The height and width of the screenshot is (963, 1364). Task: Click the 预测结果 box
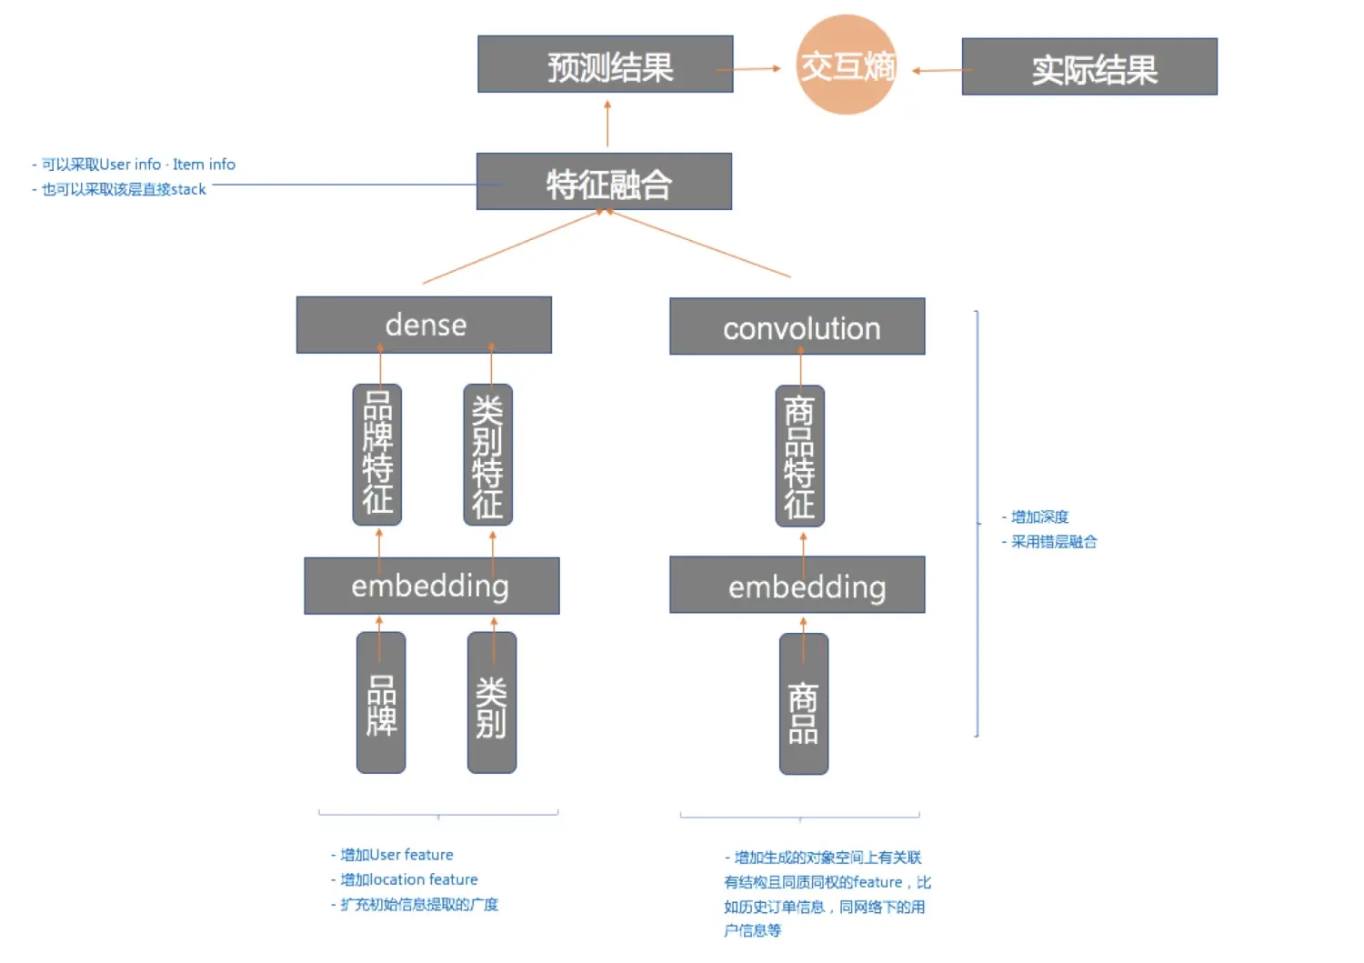click(605, 65)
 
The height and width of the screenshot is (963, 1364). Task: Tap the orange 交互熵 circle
click(847, 65)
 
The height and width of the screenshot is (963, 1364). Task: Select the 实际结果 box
click(1089, 67)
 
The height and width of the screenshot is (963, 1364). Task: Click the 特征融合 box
click(604, 182)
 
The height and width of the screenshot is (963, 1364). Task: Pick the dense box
click(424, 325)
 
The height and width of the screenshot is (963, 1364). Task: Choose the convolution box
click(797, 326)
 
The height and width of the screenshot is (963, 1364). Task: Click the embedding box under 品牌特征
click(431, 586)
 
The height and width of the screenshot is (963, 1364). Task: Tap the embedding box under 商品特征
click(797, 586)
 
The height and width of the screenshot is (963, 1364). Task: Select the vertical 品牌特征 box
click(377, 455)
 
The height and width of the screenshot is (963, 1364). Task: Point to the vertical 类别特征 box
click(488, 455)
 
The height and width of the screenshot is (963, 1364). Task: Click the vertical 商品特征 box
click(799, 456)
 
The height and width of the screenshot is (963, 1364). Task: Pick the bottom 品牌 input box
click(381, 703)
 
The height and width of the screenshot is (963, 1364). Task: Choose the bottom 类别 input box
click(492, 703)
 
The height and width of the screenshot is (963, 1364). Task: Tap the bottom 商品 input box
click(804, 704)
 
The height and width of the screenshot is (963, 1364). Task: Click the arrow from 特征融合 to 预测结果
click(607, 124)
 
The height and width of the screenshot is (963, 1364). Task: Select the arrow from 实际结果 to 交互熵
click(938, 70)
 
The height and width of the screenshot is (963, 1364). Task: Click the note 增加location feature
click(408, 879)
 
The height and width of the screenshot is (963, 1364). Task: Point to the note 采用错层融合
click(1053, 542)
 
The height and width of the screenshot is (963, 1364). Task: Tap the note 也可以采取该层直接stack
click(124, 189)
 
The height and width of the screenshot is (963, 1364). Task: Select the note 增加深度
click(1039, 517)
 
